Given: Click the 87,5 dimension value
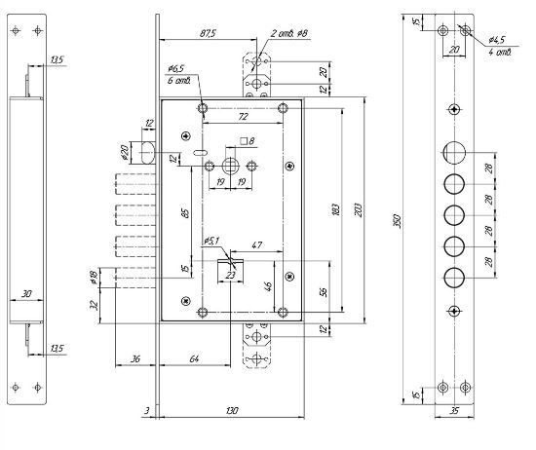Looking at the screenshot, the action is pos(208,33).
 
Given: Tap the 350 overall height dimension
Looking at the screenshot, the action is pos(397,221).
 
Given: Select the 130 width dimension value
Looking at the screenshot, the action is pos(232,410).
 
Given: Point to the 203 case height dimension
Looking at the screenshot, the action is pos(358,210).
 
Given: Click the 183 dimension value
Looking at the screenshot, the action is pos(335,209).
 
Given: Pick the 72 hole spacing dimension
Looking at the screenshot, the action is pos(243,117).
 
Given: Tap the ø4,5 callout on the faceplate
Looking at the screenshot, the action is pos(496,40).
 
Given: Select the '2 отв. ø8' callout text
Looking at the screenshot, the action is pos(289,33).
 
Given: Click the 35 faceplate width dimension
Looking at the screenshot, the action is pos(454,410).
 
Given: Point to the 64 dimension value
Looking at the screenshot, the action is pos(194,358).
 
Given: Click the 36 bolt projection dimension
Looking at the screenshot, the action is pos(135,358).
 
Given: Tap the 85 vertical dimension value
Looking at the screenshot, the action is pos(185,213).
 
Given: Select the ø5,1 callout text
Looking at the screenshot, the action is pos(211,241).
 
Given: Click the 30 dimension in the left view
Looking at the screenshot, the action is pos(26,293).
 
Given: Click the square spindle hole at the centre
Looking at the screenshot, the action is pos(231,167).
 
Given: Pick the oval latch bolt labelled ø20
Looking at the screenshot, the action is pos(147,153).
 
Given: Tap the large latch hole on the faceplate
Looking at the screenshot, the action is pos(454,153).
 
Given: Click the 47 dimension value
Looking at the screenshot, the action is pos(256,245).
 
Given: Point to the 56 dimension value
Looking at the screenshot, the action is pos(324,291).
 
